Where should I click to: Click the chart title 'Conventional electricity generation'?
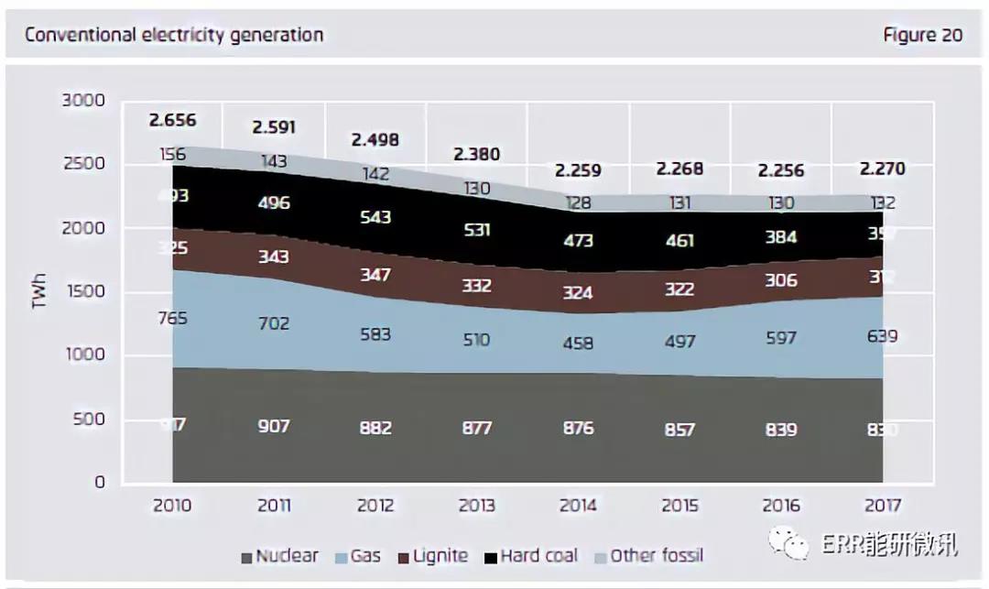coord(174,36)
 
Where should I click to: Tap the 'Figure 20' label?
coord(922,36)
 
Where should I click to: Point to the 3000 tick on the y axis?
coord(83,101)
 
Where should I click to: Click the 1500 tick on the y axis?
coord(85,292)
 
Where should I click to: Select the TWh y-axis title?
coord(39,291)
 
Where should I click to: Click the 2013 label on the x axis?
coord(476,506)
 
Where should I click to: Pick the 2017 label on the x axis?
coord(882,506)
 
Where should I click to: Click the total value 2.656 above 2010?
coord(172,121)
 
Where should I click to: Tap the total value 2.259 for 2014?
coord(578,169)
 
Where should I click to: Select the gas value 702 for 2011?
coord(273,323)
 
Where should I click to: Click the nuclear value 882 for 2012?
coord(375,428)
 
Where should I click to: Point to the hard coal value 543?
coord(375,217)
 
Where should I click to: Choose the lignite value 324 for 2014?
coord(578,293)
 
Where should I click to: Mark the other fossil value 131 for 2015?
coord(679,203)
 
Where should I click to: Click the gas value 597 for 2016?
coord(781,339)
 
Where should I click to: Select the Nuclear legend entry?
coord(279,556)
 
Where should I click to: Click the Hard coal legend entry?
coord(538,556)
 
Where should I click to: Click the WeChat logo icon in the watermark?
coord(788,545)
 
